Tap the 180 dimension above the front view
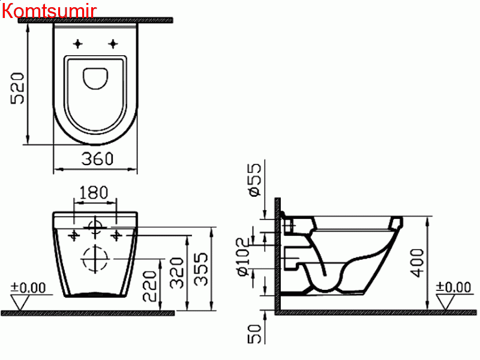tap(94, 193)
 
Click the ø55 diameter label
tap(254, 179)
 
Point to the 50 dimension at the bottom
tap(254, 334)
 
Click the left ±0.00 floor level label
tap(28, 287)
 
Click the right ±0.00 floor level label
tap(454, 287)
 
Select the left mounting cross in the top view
tap(77, 43)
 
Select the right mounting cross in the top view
tap(113, 43)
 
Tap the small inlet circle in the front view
tap(94, 227)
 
